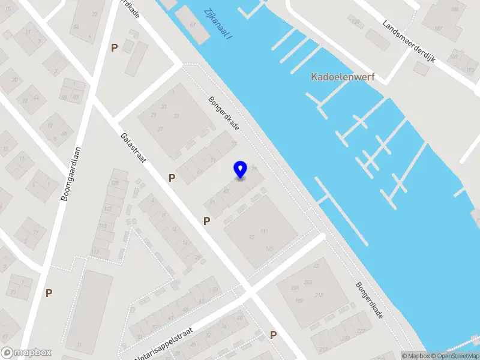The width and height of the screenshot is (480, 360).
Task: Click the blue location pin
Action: point(241,169)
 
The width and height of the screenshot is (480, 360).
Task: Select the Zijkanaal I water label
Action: point(218,24)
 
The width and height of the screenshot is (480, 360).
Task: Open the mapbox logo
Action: point(26,353)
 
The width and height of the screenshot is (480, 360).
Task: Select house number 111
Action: point(264,231)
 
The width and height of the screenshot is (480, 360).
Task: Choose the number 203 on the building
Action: point(308,281)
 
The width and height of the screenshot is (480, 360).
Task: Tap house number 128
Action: point(115,182)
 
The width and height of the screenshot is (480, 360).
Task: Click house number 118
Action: point(103,226)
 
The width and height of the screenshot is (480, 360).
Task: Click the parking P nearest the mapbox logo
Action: point(49,293)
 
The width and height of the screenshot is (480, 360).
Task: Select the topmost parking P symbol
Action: point(114,48)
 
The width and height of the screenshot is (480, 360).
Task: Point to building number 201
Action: point(295,287)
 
